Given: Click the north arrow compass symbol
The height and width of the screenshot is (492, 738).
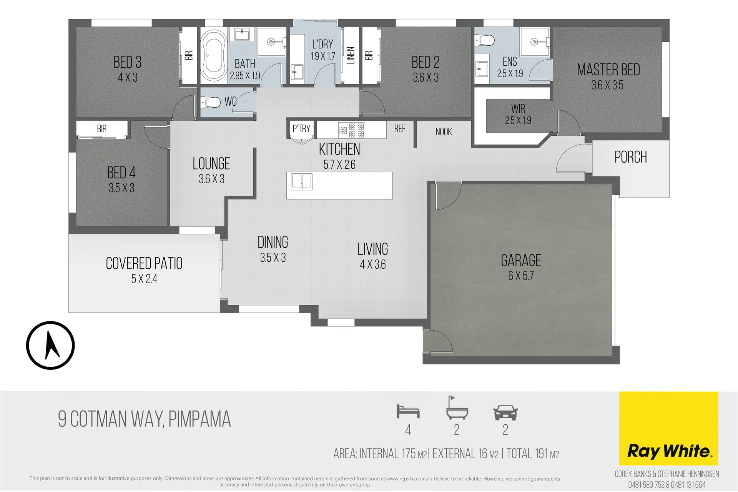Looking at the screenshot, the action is [50, 345].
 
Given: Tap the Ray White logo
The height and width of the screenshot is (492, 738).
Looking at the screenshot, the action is [668, 428].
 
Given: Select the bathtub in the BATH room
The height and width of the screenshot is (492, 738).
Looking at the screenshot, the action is [214, 55].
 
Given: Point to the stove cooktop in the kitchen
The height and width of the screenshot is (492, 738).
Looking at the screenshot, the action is [351, 130].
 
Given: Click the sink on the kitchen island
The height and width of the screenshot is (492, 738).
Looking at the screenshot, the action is [301, 182].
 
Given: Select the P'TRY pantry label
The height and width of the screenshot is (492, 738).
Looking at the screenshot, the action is [301, 128].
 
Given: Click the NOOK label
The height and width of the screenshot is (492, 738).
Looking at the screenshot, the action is [444, 132].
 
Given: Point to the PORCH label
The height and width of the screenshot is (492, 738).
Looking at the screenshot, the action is [631, 157].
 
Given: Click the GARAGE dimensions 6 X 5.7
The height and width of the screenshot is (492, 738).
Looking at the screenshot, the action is [521, 276].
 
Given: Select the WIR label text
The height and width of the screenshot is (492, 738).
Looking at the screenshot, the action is [518, 108].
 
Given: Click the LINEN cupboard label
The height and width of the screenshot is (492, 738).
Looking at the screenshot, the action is [351, 55].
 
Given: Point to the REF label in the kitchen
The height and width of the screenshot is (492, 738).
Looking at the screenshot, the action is [400, 129].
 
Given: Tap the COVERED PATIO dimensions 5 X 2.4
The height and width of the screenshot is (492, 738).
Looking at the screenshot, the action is [144, 279].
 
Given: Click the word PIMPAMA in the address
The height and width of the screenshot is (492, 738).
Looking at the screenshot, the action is [199, 419].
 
